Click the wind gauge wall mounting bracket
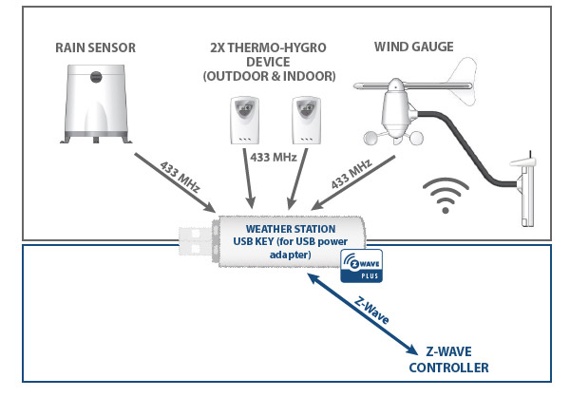525,194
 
